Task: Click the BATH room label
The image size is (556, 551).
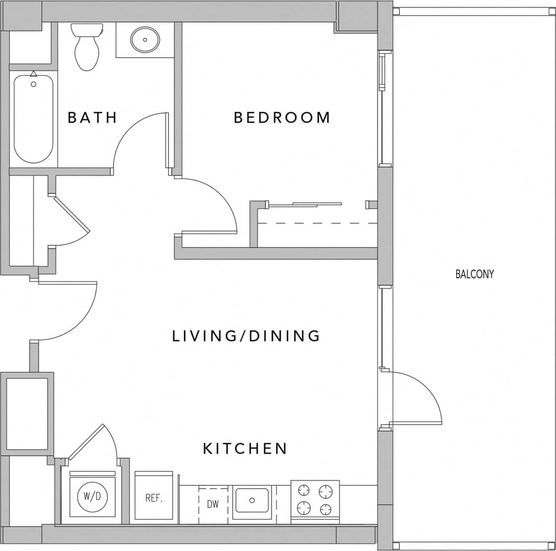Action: point(92,118)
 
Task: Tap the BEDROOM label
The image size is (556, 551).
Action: point(282,118)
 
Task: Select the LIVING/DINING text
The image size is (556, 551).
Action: point(246,336)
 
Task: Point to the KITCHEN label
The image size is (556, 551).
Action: point(245,449)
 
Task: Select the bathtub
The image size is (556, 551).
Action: point(34,118)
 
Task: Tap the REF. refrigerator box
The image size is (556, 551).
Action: point(154,498)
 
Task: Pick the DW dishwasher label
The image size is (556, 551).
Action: point(213,504)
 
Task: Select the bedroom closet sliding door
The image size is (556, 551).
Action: point(317,204)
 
